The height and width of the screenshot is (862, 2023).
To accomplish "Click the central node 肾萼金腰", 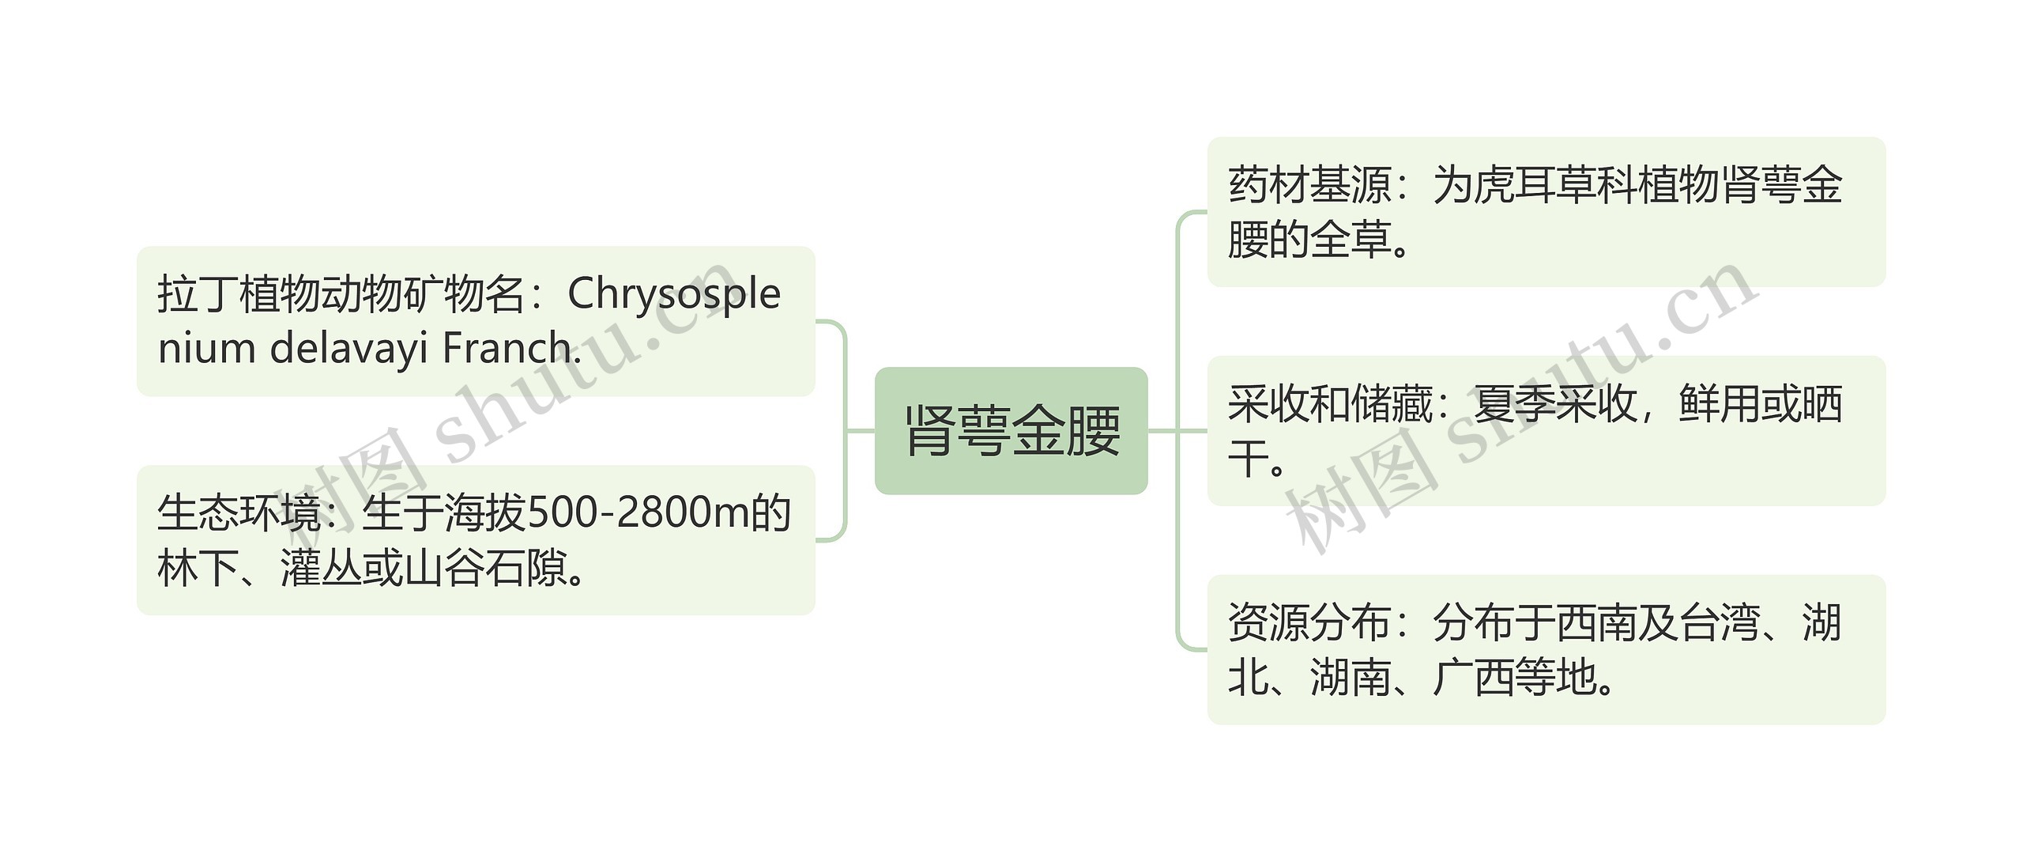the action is click(1011, 431).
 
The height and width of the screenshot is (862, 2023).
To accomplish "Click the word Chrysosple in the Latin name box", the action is click(674, 294).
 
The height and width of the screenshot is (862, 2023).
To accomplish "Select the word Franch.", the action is click(511, 348).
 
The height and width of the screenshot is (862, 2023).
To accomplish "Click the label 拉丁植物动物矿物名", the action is click(341, 294).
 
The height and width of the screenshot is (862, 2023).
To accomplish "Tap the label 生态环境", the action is click(239, 512).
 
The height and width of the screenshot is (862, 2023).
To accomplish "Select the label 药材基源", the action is click(1309, 185).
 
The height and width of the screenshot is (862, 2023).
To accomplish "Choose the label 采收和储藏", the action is click(1330, 404).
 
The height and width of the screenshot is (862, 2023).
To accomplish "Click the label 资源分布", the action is click(1309, 623).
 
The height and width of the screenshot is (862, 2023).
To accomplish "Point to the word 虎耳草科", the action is click(1555, 185).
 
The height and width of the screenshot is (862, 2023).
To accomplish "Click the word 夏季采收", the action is click(1555, 404).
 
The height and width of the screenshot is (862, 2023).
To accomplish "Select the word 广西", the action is click(1473, 678).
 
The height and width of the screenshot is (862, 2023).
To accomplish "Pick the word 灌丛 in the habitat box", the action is click(321, 568).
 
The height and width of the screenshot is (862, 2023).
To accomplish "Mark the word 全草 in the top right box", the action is click(1351, 240).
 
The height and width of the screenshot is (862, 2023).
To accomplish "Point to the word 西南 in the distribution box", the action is click(1596, 623).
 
